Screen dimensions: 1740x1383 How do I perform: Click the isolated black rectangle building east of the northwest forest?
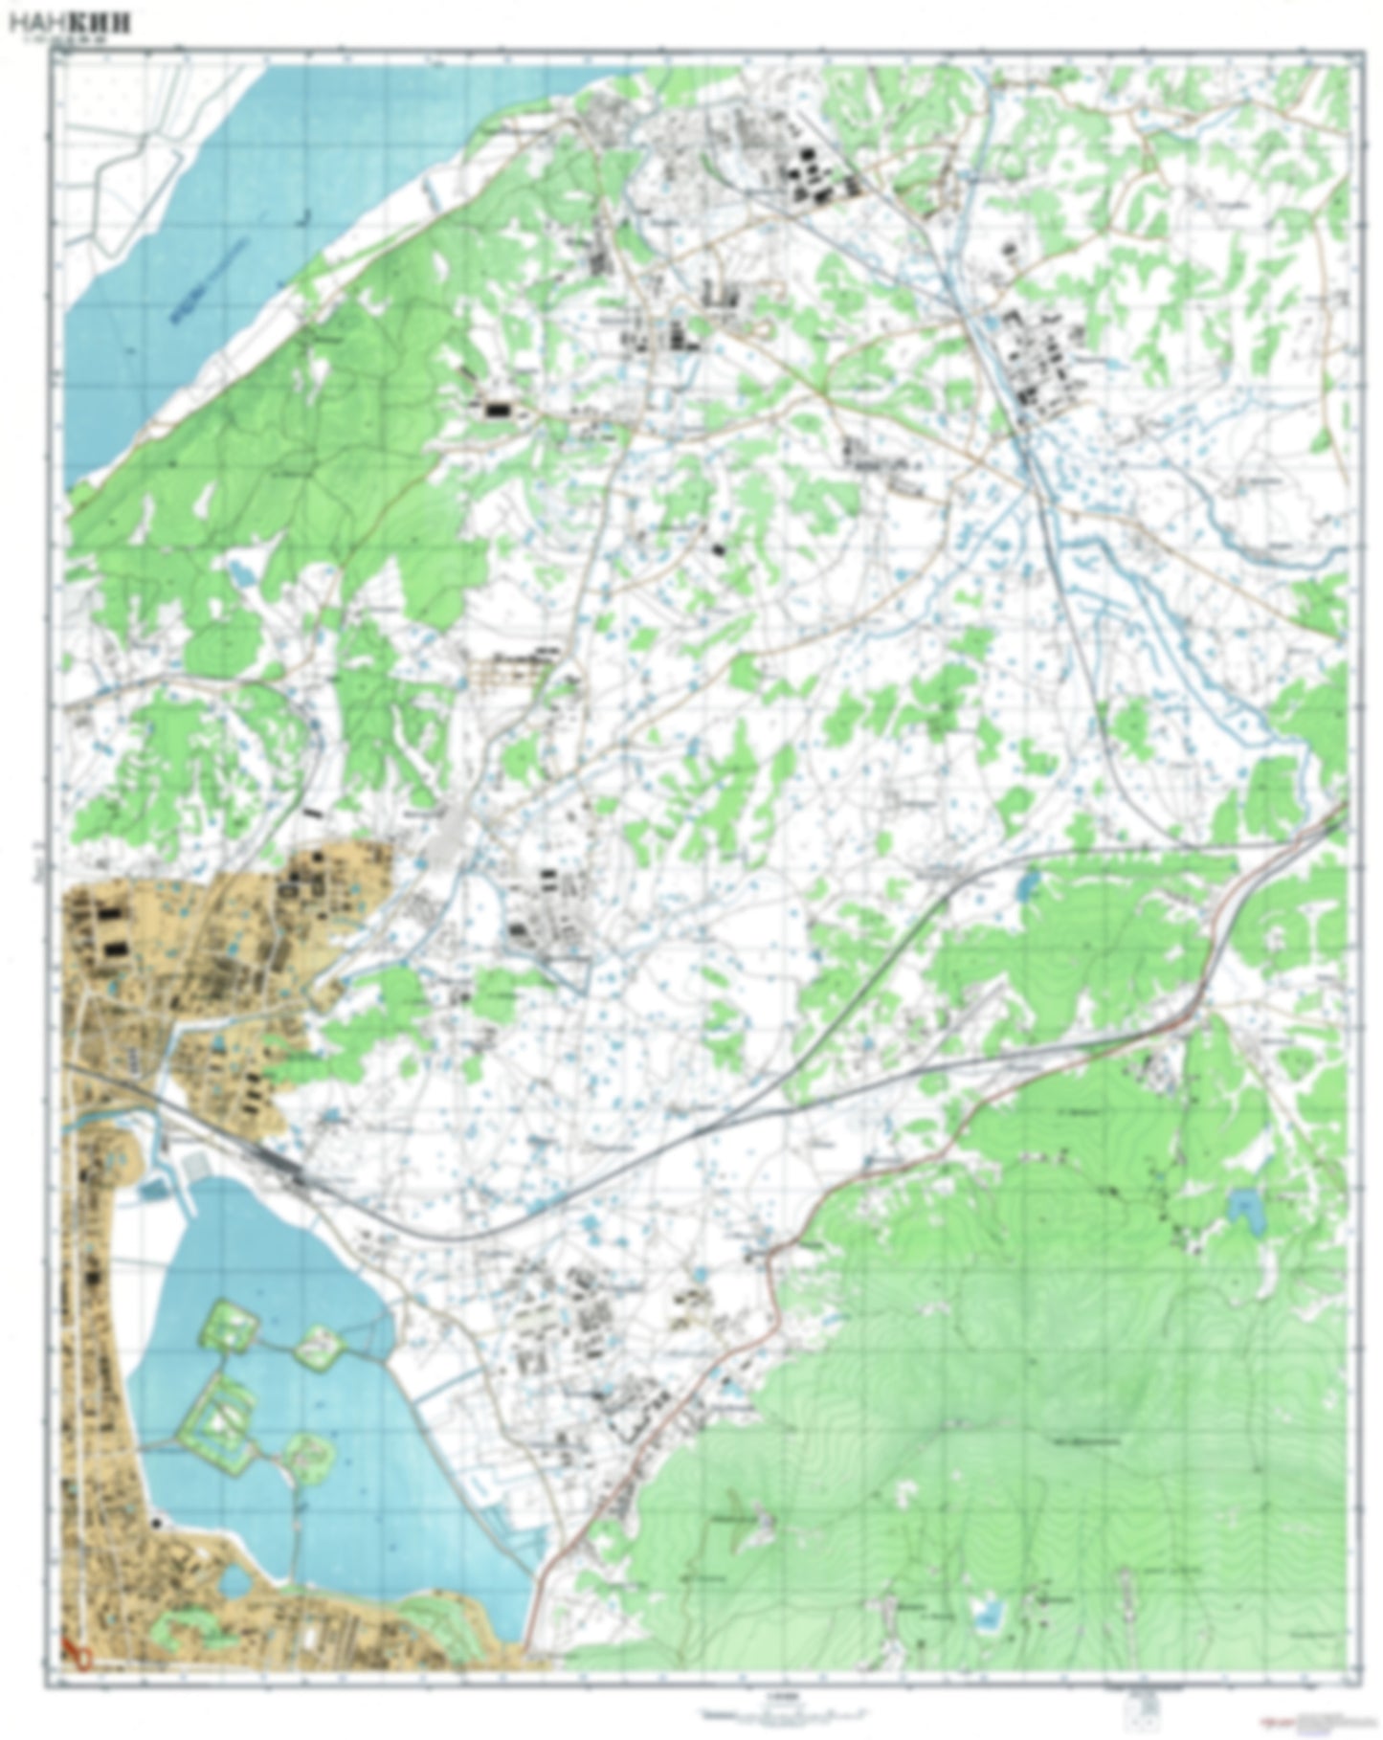[x=498, y=409]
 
